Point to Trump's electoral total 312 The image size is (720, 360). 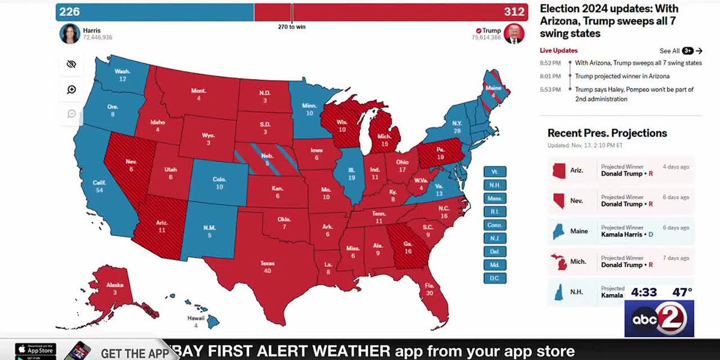[514, 12]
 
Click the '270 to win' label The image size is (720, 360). [292, 27]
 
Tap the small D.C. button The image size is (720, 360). [495, 278]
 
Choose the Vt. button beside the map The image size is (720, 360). [495, 172]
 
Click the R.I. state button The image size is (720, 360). [495, 211]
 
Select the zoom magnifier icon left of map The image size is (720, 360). [71, 90]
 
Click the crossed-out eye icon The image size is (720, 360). [71, 64]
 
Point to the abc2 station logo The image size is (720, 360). [659, 318]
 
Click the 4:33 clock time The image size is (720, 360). [644, 292]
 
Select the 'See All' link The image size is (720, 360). [669, 51]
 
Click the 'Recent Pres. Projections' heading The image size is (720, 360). [607, 133]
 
